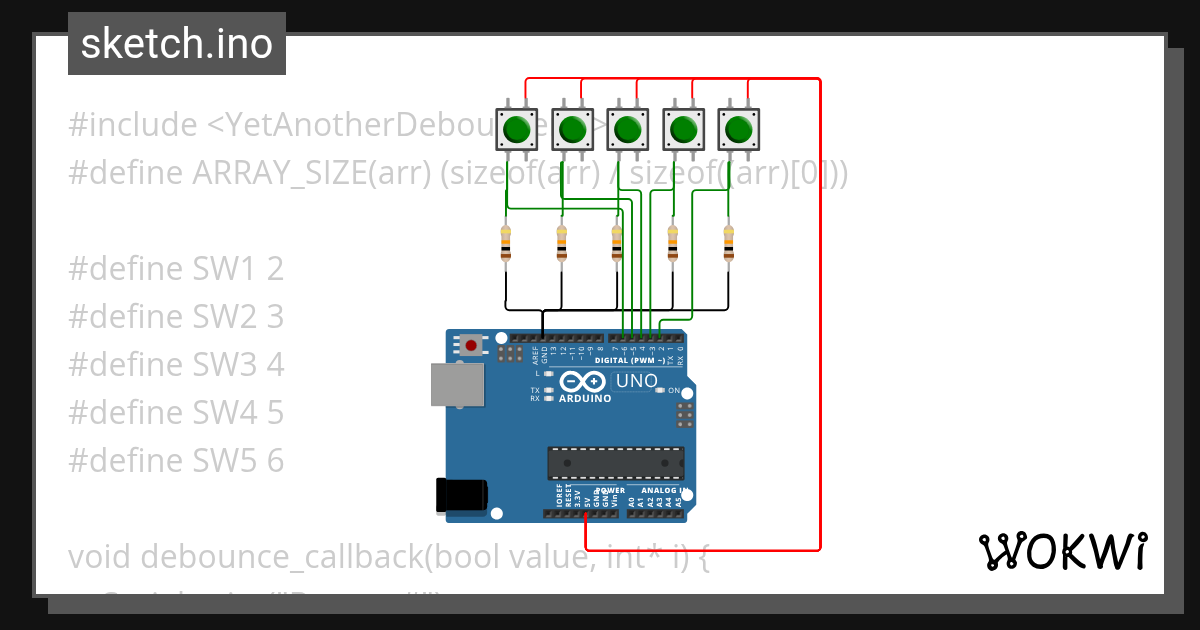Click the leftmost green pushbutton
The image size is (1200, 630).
[516, 129]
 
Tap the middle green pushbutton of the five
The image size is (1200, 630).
[627, 129]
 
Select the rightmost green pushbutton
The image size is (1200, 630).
[738, 129]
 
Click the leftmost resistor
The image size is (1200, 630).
[505, 243]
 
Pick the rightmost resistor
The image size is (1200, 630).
[729, 243]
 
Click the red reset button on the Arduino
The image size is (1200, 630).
[469, 345]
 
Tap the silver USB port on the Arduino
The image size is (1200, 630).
[456, 384]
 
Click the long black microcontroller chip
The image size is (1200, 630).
[615, 463]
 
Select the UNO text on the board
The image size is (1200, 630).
[636, 381]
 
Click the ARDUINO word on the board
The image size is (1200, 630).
[585, 398]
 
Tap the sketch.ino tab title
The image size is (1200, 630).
[177, 44]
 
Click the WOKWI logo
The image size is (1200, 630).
[1062, 551]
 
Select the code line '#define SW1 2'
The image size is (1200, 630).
[176, 269]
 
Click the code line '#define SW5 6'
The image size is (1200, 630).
[176, 461]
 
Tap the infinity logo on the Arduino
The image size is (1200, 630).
[583, 381]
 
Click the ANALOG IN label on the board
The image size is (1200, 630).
[659, 491]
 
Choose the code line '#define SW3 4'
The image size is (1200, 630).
[176, 365]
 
